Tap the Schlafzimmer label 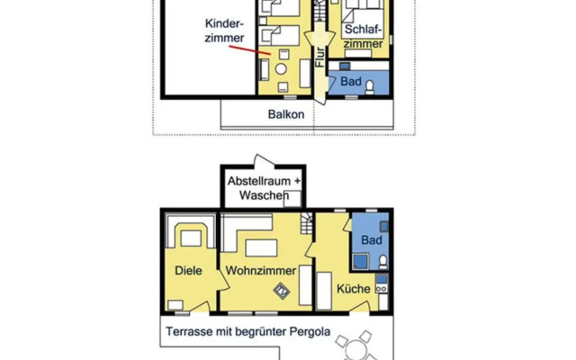(x=364, y=36)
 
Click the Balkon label (x=285, y=115)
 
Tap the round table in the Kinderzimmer (x=281, y=69)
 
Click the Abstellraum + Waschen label (x=264, y=187)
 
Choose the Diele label (x=189, y=270)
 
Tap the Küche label (x=353, y=289)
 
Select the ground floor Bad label (x=370, y=241)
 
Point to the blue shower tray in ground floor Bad (x=362, y=262)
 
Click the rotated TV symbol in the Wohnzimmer (x=282, y=290)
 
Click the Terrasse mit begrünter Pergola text (x=247, y=331)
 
